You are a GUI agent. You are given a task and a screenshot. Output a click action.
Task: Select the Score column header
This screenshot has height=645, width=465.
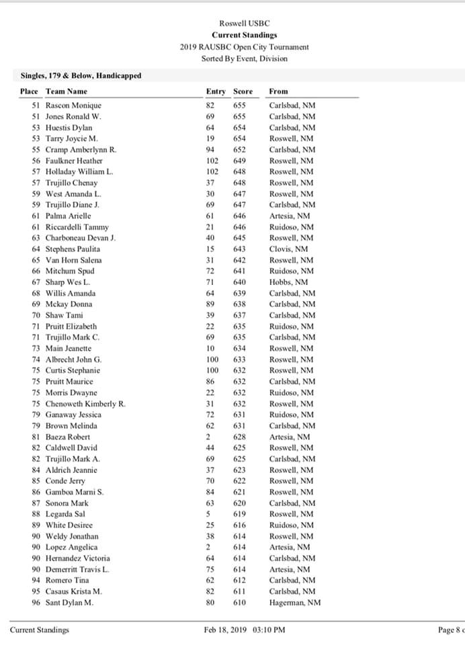243,91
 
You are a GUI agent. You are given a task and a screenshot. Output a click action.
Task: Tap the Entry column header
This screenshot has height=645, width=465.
216,91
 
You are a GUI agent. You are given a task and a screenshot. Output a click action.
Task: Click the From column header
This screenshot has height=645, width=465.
278,91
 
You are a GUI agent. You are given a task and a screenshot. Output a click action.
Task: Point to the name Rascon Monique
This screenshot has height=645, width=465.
73,105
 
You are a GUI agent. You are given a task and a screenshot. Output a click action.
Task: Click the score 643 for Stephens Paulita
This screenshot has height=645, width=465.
239,249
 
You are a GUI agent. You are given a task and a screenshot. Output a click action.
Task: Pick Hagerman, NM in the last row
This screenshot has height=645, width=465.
295,603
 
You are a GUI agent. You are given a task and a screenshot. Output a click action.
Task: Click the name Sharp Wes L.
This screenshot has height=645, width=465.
68,282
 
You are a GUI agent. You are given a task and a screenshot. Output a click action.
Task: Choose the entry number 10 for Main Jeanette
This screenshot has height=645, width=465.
210,349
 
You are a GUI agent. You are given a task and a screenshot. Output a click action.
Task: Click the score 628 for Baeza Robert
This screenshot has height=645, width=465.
239,437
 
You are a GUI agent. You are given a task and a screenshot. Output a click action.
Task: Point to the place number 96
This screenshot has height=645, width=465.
36,603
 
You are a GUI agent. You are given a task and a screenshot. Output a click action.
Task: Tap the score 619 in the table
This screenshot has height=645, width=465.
239,514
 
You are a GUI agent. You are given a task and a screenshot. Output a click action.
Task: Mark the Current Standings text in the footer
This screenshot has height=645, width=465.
39,630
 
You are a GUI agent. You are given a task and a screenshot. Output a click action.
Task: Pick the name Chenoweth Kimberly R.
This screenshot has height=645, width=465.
85,404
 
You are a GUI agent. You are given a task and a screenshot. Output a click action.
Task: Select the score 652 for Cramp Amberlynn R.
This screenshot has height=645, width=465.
239,150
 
